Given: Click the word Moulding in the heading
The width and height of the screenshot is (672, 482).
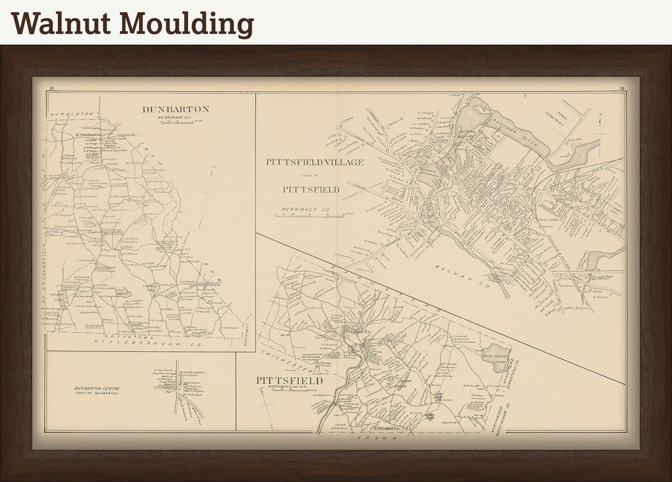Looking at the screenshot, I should click(187, 25).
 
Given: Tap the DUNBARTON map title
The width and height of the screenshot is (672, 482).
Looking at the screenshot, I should click(175, 109).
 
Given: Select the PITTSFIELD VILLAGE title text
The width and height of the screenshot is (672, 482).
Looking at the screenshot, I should click(314, 162).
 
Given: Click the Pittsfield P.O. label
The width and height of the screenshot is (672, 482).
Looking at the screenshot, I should click(357, 332).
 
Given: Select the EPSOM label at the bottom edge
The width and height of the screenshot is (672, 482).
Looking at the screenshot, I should click(376, 438).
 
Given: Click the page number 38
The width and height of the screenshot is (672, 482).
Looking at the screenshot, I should click(51, 88).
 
